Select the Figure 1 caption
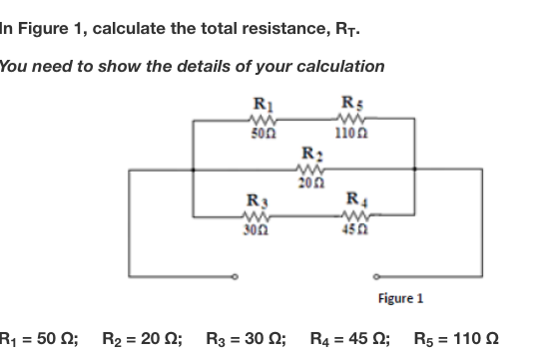coord(401,298)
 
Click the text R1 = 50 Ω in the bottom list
coord(41,337)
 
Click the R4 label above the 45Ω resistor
coord(356,199)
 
